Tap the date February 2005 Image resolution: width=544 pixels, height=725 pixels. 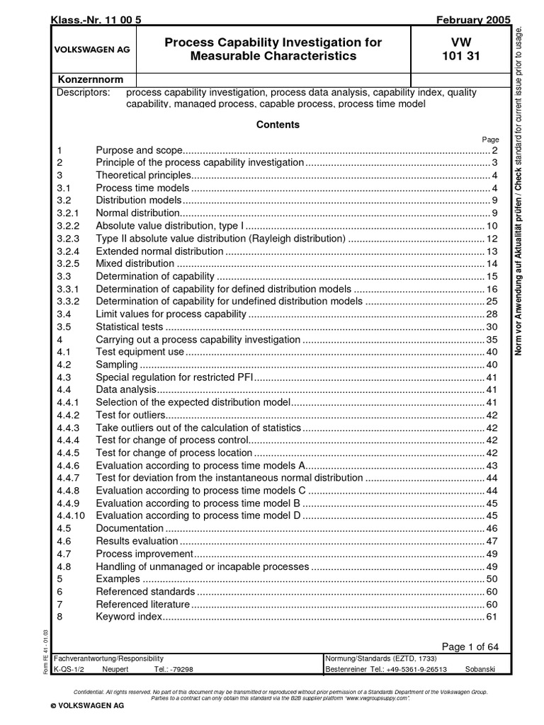pyautogui.click(x=468, y=20)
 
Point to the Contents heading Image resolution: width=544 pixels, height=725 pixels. pyautogui.click(x=278, y=125)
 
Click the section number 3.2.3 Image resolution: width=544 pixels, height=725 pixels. pyautogui.click(x=69, y=239)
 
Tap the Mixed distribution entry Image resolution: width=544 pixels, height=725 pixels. pyautogui.click(x=135, y=263)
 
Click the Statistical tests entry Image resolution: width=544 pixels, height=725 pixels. pyautogui.click(x=130, y=326)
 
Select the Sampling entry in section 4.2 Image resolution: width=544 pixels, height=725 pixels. pyautogui.click(x=117, y=365)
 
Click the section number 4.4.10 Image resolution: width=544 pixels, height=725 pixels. pyautogui.click(x=71, y=515)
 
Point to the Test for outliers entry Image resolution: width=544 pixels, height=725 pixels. pyautogui.click(x=130, y=415)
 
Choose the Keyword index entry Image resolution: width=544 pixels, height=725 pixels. pyautogui.click(x=129, y=617)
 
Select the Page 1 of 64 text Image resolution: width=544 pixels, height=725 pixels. pyautogui.click(x=470, y=646)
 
